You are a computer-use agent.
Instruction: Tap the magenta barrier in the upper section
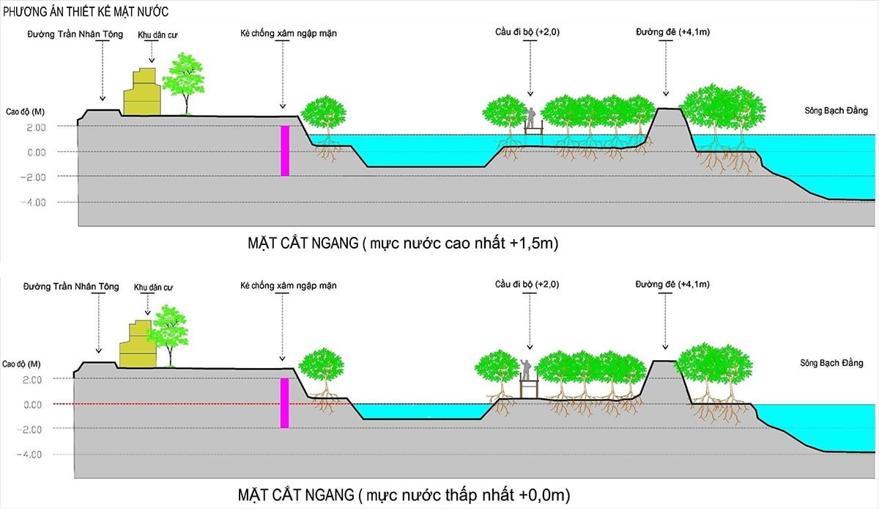pyautogui.click(x=285, y=150)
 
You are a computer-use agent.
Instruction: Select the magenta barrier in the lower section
pyautogui.click(x=285, y=403)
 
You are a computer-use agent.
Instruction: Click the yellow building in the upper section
pyautogui.click(x=141, y=94)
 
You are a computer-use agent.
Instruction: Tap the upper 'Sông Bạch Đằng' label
pyautogui.click(x=836, y=111)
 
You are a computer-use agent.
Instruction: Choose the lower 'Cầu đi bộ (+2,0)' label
pyautogui.click(x=527, y=284)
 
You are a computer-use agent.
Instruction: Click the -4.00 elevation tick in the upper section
pyautogui.click(x=34, y=202)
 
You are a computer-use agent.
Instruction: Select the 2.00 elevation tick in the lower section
pyautogui.click(x=34, y=380)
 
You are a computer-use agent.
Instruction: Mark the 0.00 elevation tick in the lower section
pyautogui.click(x=34, y=405)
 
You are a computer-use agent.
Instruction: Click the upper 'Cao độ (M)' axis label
pyautogui.click(x=23, y=111)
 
